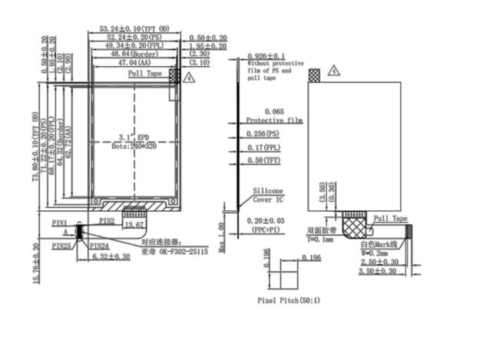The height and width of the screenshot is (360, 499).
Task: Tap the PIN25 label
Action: click(62, 246)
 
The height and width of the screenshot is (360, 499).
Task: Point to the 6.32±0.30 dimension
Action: click(110, 256)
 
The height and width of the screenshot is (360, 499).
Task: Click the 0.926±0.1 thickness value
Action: click(266, 56)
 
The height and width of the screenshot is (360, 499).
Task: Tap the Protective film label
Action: click(273, 121)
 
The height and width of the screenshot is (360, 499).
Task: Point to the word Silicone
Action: click(268, 191)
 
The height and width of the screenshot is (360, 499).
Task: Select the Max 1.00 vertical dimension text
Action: click(220, 237)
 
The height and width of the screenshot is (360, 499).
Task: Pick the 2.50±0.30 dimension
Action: click(379, 262)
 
